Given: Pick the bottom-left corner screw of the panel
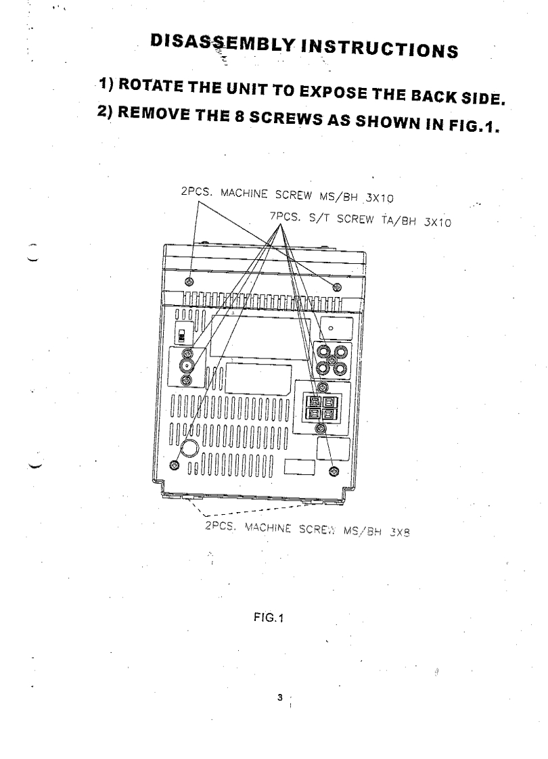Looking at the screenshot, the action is point(175,465).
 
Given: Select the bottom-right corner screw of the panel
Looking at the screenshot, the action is point(333,470).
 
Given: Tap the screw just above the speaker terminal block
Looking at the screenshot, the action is point(323,387).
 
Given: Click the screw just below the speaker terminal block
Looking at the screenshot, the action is point(330,428).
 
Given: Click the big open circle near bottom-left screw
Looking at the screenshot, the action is point(191,448).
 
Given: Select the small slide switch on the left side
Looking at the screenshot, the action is point(181,336).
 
